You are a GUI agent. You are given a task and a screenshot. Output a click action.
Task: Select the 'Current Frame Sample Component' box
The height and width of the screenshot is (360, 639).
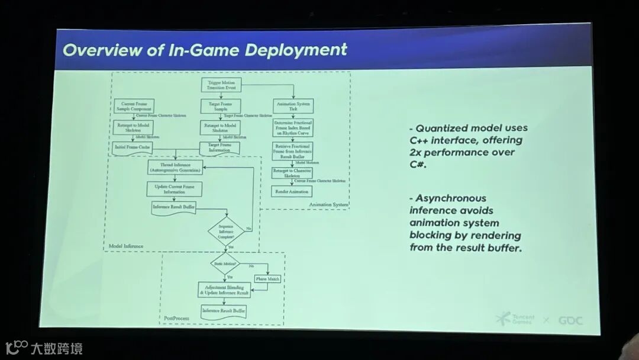coord(133,107)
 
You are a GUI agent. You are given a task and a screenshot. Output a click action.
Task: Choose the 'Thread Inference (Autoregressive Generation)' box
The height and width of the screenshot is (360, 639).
coord(175,167)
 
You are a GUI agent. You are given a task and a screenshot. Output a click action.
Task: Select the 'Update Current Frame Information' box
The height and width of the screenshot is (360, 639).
coord(175,189)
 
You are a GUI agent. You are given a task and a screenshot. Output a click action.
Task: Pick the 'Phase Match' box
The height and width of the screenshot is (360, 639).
coord(267,278)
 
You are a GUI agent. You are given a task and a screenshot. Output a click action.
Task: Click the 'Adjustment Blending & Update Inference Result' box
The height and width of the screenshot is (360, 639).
coord(224,290)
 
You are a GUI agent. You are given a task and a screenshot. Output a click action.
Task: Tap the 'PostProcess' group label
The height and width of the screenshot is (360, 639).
coord(177,319)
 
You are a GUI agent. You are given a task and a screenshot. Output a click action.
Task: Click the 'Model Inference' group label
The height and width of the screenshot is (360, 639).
coord(126,246)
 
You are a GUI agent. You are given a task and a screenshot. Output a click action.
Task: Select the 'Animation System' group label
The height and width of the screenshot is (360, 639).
coord(328,205)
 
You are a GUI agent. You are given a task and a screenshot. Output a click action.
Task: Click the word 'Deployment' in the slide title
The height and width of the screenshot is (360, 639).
coord(296,50)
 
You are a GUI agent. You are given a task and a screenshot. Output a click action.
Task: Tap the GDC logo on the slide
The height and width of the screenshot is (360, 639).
coord(570,320)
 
